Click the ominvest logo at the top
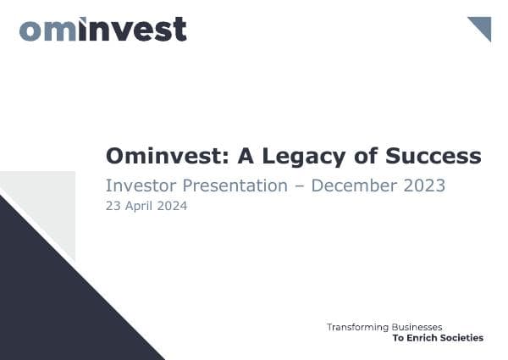point(102,29)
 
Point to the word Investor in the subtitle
point(137,186)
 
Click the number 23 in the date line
point(113,206)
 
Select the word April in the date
point(138,206)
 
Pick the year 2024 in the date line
point(172,206)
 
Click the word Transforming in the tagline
point(357,326)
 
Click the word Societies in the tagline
point(463,338)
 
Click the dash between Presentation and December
point(299,186)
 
